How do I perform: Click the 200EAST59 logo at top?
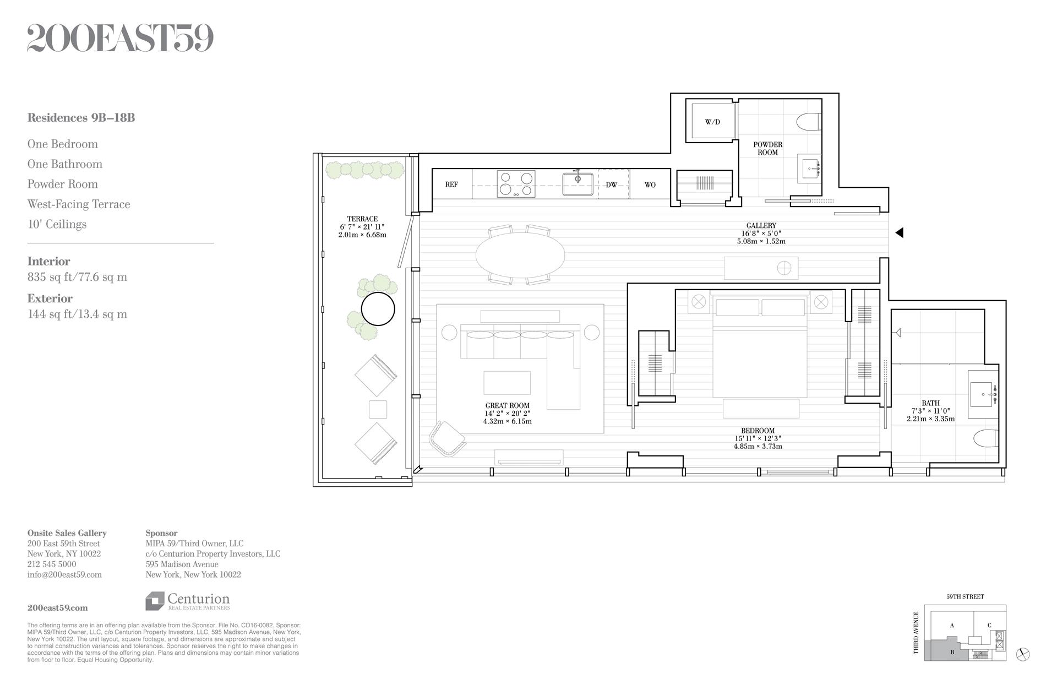120,39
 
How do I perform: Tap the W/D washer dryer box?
712,121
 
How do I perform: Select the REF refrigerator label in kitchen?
451,184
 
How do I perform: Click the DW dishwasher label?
612,184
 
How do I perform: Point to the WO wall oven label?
650,184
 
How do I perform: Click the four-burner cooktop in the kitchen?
516,184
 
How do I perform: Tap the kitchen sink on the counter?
577,183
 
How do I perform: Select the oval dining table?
520,255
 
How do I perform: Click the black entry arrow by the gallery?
899,233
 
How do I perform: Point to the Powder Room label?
767,148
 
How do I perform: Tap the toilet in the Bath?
985,439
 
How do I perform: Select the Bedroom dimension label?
758,438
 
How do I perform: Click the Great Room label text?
507,406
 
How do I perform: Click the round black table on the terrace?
378,309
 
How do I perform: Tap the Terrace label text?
362,219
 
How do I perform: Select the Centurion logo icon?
155,601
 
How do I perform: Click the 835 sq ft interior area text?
77,277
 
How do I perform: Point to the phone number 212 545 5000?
52,564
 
